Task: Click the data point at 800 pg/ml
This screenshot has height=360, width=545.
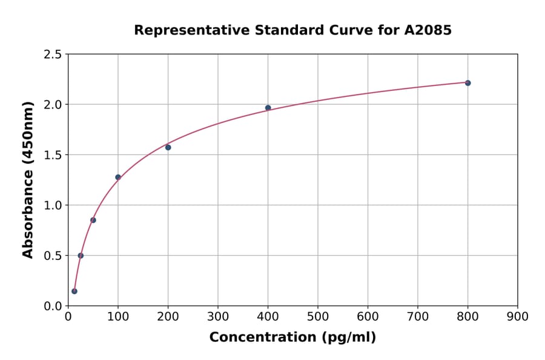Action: (x=467, y=83)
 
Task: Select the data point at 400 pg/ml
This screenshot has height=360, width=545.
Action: (x=268, y=108)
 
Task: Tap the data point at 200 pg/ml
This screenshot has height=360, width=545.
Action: (x=168, y=147)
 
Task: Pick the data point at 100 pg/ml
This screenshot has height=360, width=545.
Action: (x=118, y=178)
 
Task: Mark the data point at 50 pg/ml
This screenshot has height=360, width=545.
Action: (x=93, y=220)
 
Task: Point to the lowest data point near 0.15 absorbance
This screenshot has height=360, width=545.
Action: (x=74, y=291)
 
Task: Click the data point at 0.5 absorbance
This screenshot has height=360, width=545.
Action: (x=81, y=256)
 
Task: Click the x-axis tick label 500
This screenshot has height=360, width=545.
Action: (x=318, y=316)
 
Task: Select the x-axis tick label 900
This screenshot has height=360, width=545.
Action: (x=518, y=316)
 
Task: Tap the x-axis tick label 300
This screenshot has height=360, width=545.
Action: (x=218, y=316)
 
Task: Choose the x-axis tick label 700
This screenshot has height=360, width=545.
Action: (x=418, y=316)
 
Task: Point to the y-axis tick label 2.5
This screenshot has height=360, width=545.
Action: (x=52, y=55)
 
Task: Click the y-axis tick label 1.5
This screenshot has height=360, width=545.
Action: (x=52, y=155)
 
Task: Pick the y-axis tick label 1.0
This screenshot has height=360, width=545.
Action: (x=52, y=205)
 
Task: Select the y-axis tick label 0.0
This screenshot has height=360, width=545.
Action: (x=52, y=306)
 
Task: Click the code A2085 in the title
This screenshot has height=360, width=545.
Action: (x=428, y=30)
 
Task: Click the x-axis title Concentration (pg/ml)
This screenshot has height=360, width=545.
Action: (x=292, y=338)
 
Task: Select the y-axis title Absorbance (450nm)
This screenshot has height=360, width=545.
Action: (x=28, y=179)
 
